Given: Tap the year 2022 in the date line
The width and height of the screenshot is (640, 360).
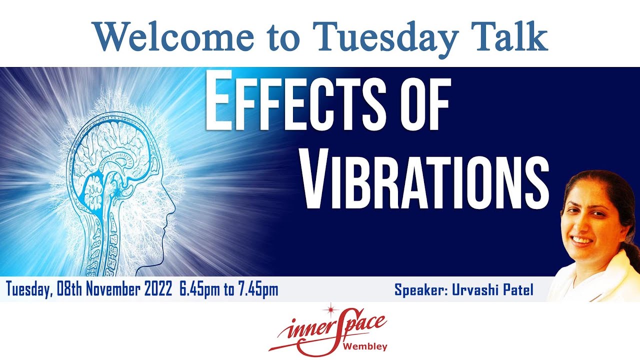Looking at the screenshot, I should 157,289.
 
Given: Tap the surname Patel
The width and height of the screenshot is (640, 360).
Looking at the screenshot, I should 517,289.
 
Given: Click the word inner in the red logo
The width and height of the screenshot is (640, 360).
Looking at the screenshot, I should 303,330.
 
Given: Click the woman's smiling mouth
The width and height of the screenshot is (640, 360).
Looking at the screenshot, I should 581,240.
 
